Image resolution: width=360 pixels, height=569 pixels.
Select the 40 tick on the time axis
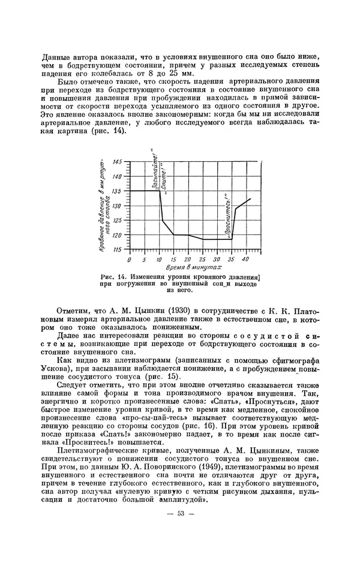(245, 259)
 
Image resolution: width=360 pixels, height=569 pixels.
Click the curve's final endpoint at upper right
(250, 198)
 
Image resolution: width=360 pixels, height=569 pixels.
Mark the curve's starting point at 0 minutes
(131, 191)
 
